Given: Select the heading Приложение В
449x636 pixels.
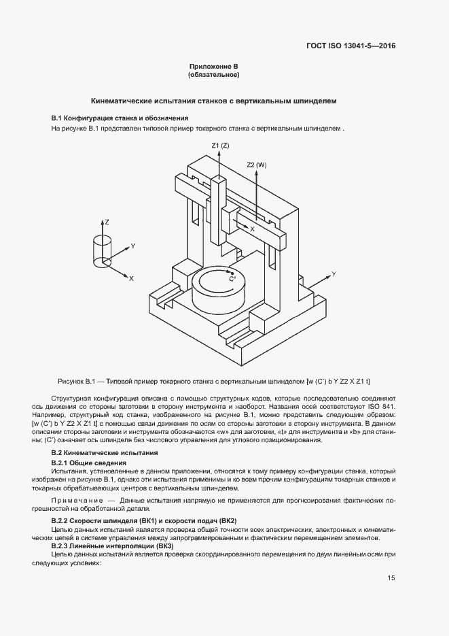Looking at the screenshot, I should click(213, 67).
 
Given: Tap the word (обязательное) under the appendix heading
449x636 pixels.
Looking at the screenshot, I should click(213, 75).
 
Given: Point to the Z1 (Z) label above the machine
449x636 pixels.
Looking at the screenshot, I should click(220, 146).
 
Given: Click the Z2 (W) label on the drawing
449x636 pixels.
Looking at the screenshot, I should click(256, 165).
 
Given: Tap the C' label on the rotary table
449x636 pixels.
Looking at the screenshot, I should click(232, 279).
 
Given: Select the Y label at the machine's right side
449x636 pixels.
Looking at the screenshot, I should click(334, 273).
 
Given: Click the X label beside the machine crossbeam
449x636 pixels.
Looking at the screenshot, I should click(252, 230).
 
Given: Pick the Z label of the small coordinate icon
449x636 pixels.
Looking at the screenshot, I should click(107, 222).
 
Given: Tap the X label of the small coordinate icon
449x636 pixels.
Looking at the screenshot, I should click(131, 279).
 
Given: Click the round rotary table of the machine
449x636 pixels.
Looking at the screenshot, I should click(219, 288).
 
